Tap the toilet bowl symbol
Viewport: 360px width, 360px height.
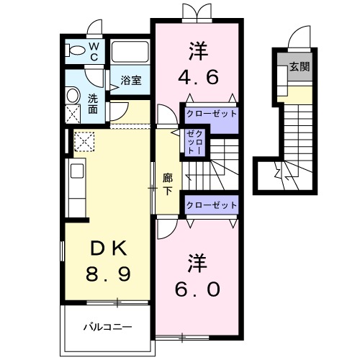click(74, 51)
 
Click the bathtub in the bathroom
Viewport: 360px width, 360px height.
click(131, 52)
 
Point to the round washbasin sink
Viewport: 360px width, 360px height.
click(72, 96)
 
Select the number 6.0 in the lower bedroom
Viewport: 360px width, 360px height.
click(196, 287)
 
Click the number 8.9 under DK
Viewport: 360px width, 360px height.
click(108, 275)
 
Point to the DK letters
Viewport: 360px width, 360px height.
click(108, 249)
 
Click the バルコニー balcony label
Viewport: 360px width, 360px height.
click(106, 326)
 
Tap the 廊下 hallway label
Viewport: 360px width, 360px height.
click(167, 184)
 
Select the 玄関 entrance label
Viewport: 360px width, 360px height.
click(299, 68)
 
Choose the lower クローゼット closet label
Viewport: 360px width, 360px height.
click(211, 205)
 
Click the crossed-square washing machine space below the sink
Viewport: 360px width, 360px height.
click(73, 114)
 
